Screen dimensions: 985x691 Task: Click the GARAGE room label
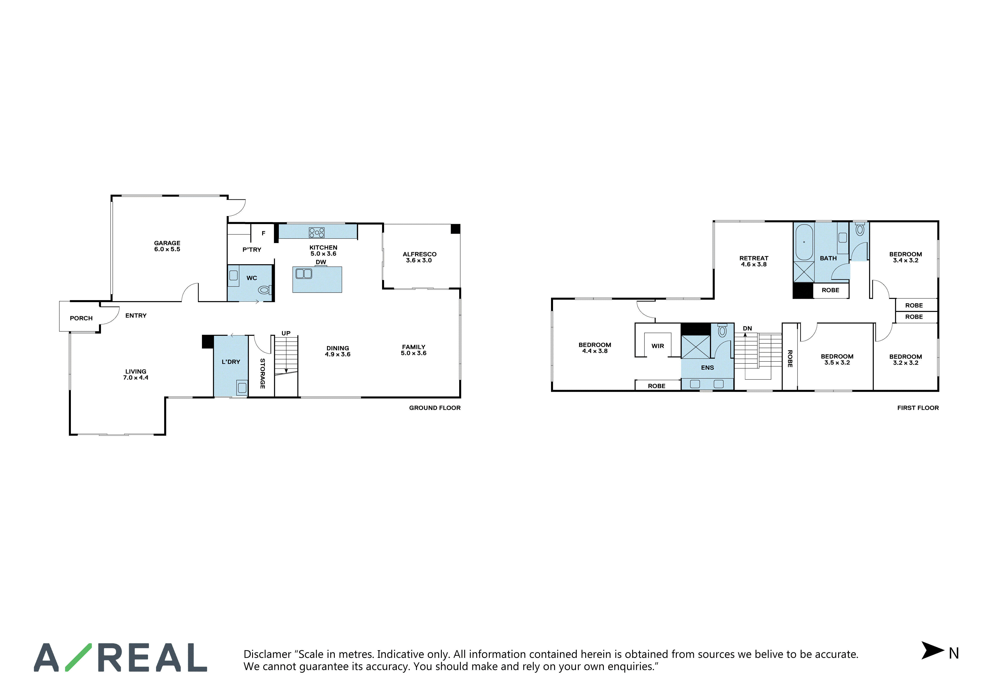(167, 243)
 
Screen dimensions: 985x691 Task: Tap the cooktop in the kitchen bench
(317, 233)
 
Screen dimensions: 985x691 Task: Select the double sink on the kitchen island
(304, 273)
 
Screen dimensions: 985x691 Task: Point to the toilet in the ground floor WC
(265, 290)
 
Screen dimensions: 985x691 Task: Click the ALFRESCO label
(419, 254)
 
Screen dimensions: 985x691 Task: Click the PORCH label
(81, 318)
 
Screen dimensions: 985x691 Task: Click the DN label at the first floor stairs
(747, 328)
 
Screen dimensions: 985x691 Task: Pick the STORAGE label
(263, 373)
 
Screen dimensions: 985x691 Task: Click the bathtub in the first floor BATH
(804, 242)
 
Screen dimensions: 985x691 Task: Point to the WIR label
(658, 346)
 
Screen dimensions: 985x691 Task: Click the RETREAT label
(754, 258)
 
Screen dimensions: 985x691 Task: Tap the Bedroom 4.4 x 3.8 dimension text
(595, 351)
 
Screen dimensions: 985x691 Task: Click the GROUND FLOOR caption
(435, 408)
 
